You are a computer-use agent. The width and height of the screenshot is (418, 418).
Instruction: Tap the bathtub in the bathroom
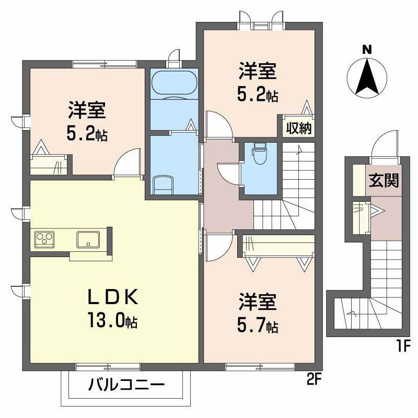pyautogui.click(x=175, y=83)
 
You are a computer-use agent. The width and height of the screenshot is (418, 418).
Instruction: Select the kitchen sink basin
pyautogui.click(x=88, y=239)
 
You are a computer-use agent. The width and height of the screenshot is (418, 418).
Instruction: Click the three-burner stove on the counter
pyautogui.click(x=44, y=239)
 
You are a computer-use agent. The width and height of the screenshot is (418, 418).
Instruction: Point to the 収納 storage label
pyautogui.click(x=298, y=129)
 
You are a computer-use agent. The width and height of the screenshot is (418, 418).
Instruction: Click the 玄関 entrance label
pyautogui.click(x=384, y=180)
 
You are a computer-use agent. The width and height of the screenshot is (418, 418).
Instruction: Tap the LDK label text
pyautogui.click(x=113, y=296)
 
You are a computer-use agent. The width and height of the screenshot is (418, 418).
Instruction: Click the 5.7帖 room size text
pyautogui.click(x=258, y=326)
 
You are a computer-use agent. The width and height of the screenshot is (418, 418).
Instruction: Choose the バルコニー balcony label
pyautogui.click(x=126, y=385)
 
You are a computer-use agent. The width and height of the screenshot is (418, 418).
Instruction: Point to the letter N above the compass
pyautogui.click(x=367, y=50)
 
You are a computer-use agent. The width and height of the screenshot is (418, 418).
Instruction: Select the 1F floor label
pyautogui.click(x=403, y=346)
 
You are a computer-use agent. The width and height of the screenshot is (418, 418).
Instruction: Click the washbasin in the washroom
pyautogui.click(x=163, y=185)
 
